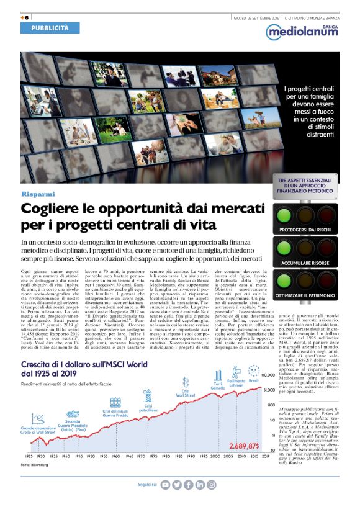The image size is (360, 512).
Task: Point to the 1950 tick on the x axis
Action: [91, 456]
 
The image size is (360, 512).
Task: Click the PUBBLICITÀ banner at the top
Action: [51, 28]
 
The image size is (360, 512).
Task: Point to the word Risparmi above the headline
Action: [38, 195]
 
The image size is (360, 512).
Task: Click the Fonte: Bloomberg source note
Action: [34, 465]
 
